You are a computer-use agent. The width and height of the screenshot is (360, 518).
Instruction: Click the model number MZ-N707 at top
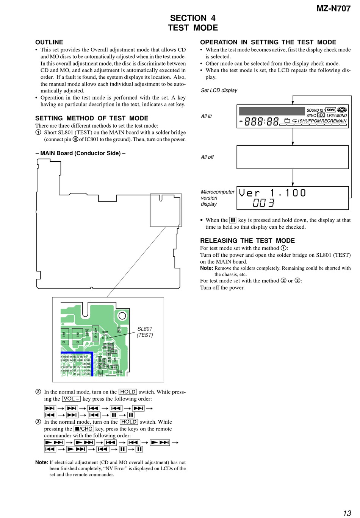333,8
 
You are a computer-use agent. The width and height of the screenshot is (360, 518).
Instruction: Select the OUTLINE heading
49,42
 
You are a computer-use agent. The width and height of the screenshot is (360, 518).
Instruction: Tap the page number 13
347,513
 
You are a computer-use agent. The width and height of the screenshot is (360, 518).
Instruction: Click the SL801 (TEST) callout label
145,332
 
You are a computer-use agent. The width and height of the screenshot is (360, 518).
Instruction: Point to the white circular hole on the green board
122,316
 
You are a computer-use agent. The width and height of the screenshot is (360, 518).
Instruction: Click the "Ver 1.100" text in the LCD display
272,193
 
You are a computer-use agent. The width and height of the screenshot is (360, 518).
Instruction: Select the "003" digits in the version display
263,203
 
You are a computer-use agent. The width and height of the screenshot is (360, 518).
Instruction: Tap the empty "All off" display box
293,157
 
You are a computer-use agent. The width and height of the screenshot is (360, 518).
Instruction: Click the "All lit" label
206,116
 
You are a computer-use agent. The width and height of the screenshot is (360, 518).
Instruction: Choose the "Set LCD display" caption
219,90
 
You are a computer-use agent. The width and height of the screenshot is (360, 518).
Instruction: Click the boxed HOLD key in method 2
128,392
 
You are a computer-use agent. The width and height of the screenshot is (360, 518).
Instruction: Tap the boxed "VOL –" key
71,399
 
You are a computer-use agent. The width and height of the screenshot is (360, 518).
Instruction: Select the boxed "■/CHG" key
83,429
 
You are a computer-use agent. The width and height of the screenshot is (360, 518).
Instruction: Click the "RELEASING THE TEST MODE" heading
247,240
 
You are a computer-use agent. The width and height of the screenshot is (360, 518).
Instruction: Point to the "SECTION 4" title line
193,18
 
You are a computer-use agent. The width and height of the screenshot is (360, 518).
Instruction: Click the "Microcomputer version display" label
217,198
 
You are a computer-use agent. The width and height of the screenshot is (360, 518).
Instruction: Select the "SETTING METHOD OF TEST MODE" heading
92,118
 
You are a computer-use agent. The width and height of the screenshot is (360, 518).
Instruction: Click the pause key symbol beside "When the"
233,220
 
